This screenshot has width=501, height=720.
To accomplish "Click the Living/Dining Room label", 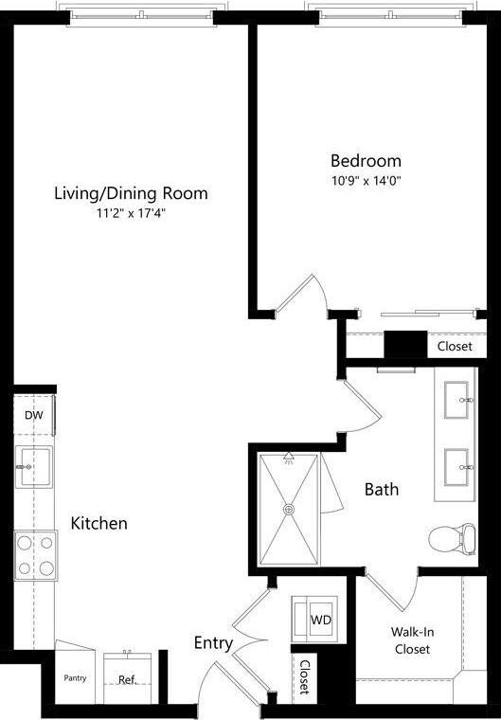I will (x=130, y=193).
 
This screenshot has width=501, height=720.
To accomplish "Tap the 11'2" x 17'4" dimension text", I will (x=130, y=213).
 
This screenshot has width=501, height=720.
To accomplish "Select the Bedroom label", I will (x=365, y=160).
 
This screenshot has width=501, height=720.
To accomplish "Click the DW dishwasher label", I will (x=33, y=414).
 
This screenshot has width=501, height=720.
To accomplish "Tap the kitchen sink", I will (x=34, y=467).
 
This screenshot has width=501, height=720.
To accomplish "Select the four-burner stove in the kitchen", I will (x=34, y=555).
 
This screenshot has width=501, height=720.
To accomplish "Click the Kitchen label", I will (x=98, y=523).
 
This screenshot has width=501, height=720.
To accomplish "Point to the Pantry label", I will (x=75, y=678).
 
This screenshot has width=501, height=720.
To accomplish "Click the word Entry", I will (x=213, y=643).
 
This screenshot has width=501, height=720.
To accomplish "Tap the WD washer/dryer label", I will (x=320, y=620).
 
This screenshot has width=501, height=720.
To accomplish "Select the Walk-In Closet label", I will (x=411, y=639).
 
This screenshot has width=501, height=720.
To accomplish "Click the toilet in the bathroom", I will (x=451, y=539).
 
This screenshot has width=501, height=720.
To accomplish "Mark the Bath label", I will (x=382, y=490).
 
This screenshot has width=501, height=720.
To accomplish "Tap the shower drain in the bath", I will (x=289, y=509).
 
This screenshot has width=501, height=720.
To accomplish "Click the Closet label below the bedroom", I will (x=455, y=347).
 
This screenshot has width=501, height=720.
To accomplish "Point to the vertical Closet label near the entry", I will (x=303, y=677).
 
